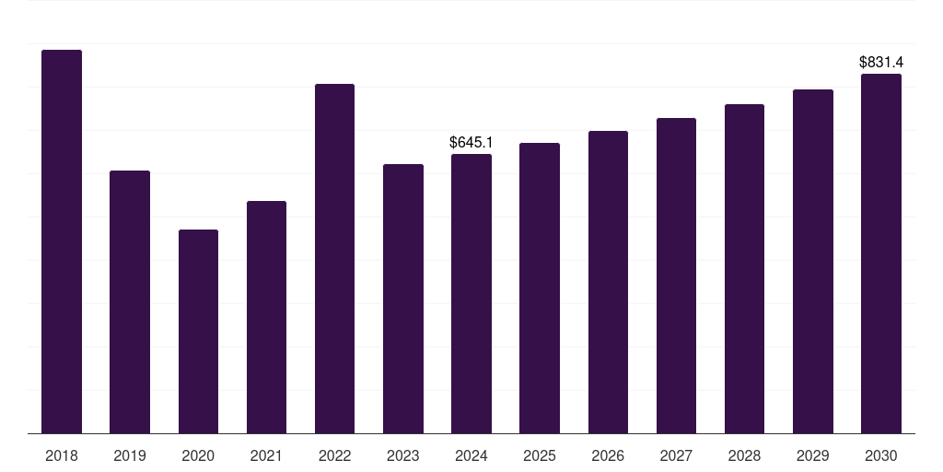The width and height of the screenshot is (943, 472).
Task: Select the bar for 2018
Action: pos(62,242)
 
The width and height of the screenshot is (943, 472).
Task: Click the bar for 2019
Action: pos(130,301)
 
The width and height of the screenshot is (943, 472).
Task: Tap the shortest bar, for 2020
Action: pos(198,331)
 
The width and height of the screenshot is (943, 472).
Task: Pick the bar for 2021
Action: pos(266,317)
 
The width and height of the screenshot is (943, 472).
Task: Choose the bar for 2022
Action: pos(334,258)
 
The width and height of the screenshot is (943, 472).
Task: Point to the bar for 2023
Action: pos(403,299)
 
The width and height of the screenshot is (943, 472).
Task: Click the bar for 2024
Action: pos(471,293)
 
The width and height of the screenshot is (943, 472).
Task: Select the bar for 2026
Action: pos(608,282)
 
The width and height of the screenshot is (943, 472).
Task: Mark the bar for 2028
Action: pos(744,268)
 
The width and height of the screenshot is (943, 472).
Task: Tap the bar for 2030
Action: pos(881,254)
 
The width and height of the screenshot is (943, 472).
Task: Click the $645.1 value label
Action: pos(471,142)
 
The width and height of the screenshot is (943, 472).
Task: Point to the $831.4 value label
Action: pos(881,63)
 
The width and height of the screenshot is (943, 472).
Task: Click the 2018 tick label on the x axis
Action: pos(62,455)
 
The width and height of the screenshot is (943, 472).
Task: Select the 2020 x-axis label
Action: pos(198,455)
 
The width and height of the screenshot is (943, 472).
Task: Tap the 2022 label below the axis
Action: pos(334,455)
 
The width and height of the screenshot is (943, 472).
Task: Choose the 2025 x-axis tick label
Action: pos(540,455)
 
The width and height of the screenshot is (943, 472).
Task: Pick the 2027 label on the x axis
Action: pos(676,455)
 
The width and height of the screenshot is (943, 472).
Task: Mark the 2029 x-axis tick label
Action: pos(813,455)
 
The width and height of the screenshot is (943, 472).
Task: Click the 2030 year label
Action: pos(881,455)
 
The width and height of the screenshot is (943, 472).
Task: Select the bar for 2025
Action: pos(540,288)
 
